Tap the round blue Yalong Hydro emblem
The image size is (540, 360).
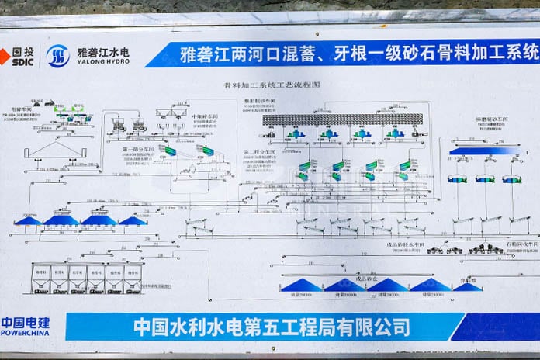click(x=57, y=56)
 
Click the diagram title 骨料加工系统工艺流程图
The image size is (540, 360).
click(x=271, y=85)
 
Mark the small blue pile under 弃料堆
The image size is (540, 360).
click(x=467, y=286)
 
